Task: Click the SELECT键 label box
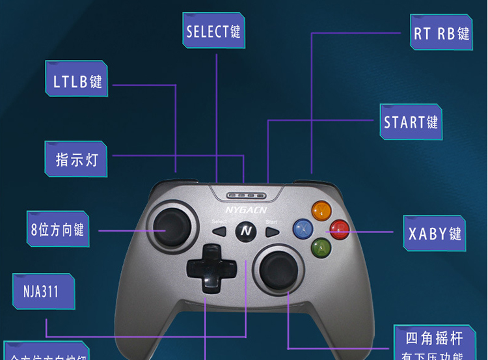pyautogui.click(x=213, y=31)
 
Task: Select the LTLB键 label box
pyautogui.click(x=77, y=81)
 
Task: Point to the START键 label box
pyautogui.click(x=411, y=122)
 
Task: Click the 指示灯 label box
pyautogui.click(x=77, y=159)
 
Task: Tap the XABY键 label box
pyautogui.click(x=434, y=233)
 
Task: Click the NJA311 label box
pyautogui.click(x=44, y=291)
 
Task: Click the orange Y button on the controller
pyautogui.click(x=321, y=210)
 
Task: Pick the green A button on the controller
pyautogui.click(x=320, y=247)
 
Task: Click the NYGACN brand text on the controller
pyautogui.click(x=246, y=210)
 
